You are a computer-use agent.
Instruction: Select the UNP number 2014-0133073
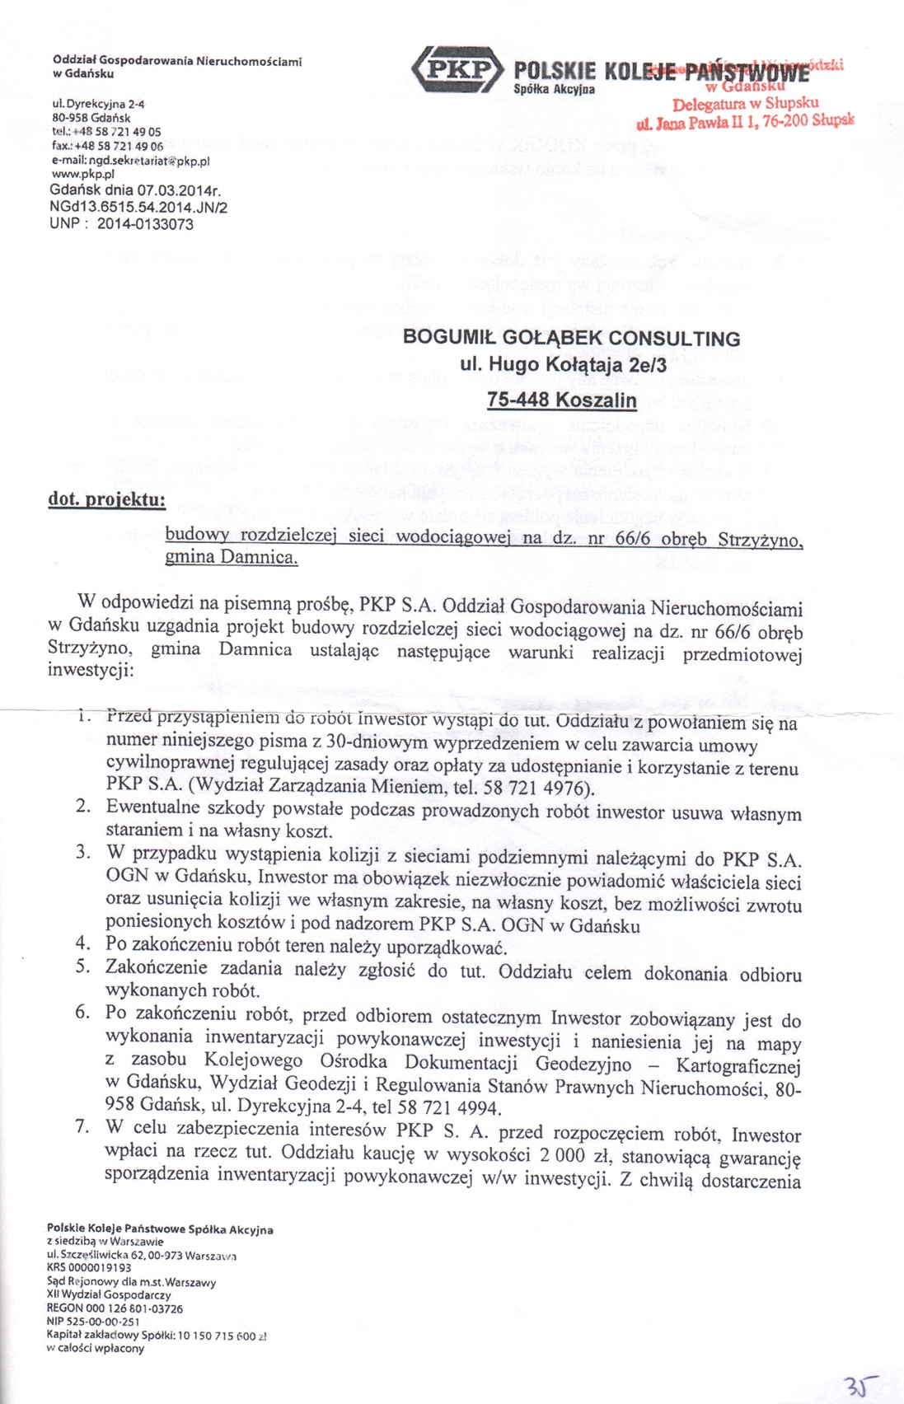[145, 223]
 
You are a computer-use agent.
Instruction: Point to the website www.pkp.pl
[82, 174]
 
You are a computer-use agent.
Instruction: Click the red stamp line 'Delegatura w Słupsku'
[745, 105]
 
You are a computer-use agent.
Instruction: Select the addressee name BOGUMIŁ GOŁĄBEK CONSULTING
[571, 338]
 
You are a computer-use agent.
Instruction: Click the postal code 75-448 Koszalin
[562, 400]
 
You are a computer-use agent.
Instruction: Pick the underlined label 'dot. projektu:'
[107, 500]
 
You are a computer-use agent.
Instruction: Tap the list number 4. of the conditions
[82, 941]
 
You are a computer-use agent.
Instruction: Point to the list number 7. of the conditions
[82, 1127]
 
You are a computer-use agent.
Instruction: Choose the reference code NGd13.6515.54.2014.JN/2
[138, 208]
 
